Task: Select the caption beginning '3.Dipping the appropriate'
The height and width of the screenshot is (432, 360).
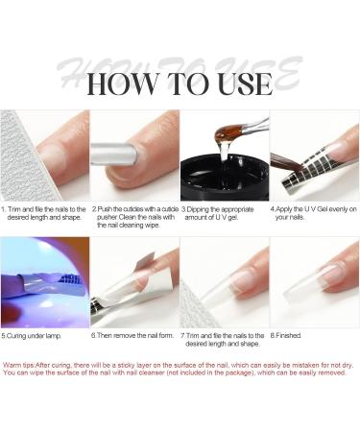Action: click(x=223, y=212)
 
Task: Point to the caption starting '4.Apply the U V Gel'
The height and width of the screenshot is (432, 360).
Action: click(x=313, y=212)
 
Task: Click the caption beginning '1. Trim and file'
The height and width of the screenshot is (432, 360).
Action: click(x=45, y=212)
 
